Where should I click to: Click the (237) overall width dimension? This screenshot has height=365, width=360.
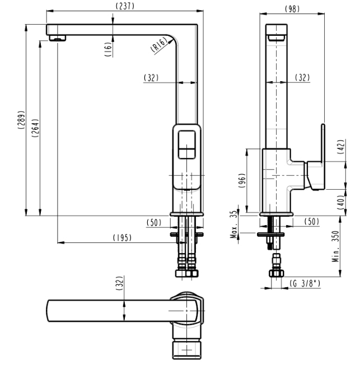pyautogui.click(x=125, y=6)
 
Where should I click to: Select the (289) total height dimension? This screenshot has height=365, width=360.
pyautogui.click(x=21, y=120)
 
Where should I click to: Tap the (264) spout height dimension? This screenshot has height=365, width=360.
pyautogui.click(x=35, y=128)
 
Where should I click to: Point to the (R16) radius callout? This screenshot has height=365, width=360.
pyautogui.click(x=159, y=44)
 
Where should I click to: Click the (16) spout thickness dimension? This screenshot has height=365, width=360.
pyautogui.click(x=108, y=49)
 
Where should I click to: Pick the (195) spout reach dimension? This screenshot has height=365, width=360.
pyautogui.click(x=122, y=238)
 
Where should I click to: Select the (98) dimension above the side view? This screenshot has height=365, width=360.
pyautogui.click(x=292, y=9)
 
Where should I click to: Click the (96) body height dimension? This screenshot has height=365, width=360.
pyautogui.click(x=242, y=181)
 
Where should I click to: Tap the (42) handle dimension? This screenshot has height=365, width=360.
pyautogui.click(x=340, y=147)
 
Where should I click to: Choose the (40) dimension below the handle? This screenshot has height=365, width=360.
pyautogui.click(x=340, y=202)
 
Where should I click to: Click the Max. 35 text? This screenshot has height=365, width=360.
pyautogui.click(x=234, y=224)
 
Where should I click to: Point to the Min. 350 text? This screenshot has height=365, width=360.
pyautogui.click(x=335, y=246)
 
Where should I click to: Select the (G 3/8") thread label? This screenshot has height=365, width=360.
pyautogui.click(x=305, y=283)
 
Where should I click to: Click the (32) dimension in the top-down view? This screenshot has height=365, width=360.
pyautogui.click(x=119, y=283)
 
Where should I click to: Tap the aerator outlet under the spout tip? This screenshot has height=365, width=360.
pyautogui.click(x=58, y=38)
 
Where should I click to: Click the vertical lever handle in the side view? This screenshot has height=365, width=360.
pyautogui.click(x=323, y=144)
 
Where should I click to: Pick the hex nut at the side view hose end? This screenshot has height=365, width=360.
pyautogui.click(x=276, y=273)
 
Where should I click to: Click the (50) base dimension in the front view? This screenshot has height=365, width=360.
pyautogui.click(x=154, y=223)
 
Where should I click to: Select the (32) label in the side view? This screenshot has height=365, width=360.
pyautogui.click(x=302, y=78)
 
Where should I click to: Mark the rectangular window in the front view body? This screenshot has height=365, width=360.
pyautogui.click(x=186, y=144)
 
